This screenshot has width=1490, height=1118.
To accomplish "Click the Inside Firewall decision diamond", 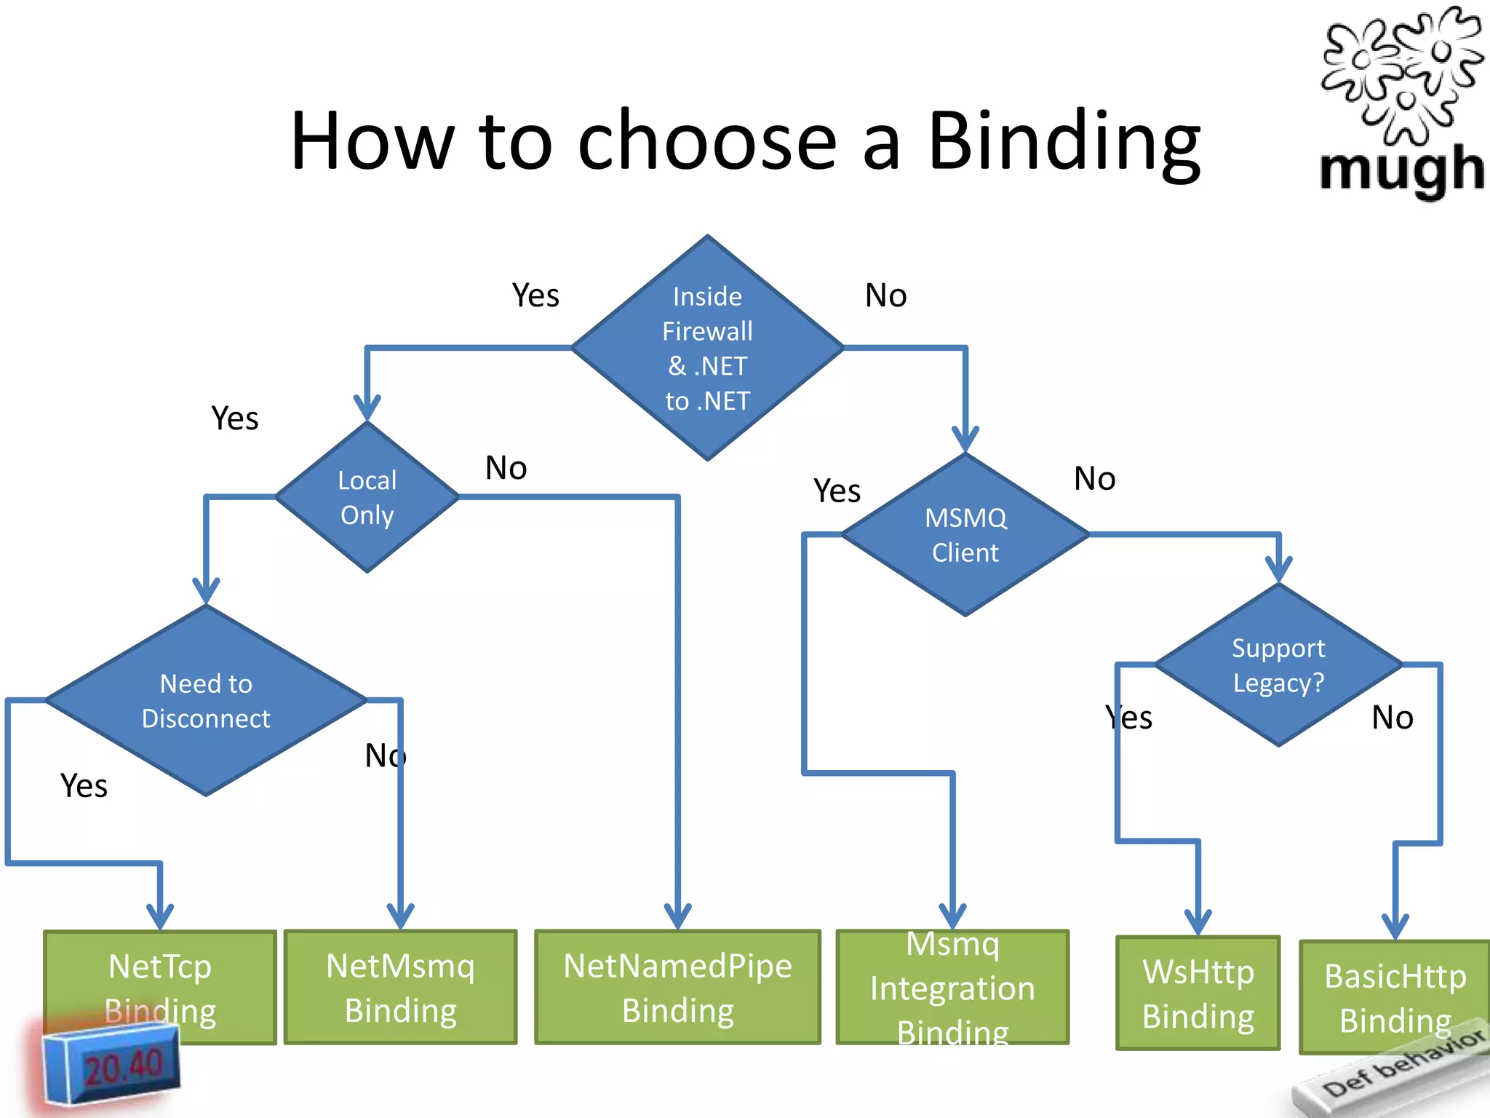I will [707, 348].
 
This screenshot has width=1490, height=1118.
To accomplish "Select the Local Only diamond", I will [367, 497].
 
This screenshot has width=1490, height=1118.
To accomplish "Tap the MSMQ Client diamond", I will [965, 535].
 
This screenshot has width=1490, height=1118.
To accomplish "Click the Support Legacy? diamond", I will [1278, 665].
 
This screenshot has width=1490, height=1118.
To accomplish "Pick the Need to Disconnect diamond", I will [206, 700].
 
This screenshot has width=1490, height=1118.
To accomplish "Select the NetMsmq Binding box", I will [400, 987].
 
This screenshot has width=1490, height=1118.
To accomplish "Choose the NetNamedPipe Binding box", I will [677, 987].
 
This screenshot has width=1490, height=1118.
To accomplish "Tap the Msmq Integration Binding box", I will [952, 987].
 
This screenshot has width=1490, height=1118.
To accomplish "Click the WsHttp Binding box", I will [1198, 993].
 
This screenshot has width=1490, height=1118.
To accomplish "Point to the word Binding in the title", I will [1064, 142].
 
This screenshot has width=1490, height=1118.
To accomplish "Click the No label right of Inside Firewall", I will [885, 296].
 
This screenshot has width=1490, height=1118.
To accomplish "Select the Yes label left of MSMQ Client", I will [837, 491].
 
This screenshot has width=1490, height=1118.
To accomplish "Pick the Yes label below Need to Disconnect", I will [84, 786].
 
